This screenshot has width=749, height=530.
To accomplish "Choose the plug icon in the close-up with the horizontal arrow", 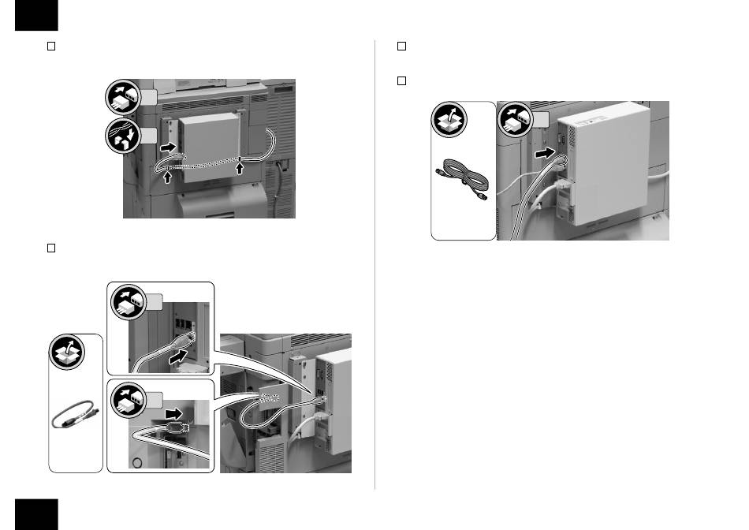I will point(130,401).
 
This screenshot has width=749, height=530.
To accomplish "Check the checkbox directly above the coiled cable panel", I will point(401,81).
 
